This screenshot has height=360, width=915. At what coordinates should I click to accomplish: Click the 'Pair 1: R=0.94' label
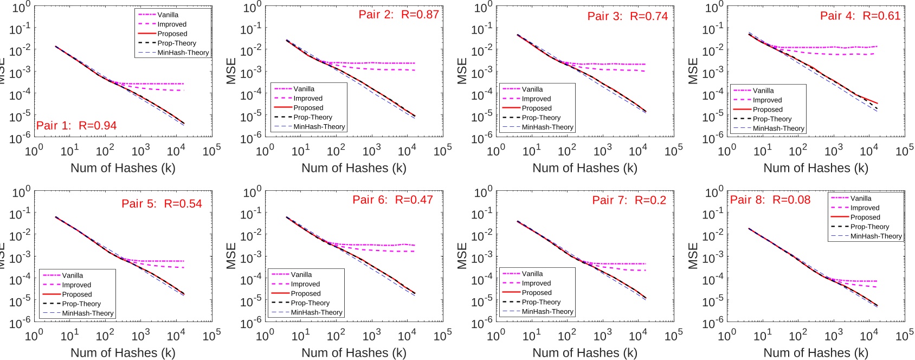pos(76,126)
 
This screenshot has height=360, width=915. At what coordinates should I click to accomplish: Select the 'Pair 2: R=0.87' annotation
pos(398,15)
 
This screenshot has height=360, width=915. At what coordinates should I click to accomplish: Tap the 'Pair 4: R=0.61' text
pos(860,16)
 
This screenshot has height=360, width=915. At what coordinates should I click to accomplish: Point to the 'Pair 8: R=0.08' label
pos(770,200)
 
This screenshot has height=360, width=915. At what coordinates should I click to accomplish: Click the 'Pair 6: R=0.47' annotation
pos(392,200)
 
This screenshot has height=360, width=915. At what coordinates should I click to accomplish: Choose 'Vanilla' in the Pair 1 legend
pos(167,15)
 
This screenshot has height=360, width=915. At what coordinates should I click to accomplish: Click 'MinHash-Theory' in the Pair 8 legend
pos(875,236)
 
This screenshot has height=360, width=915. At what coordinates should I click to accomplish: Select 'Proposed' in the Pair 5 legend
pos(77,294)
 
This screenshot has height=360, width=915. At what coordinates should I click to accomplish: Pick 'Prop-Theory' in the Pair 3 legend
pos(541,118)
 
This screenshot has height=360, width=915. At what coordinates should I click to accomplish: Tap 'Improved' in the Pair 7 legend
pos(536,284)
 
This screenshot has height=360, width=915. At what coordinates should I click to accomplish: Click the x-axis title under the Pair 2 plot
pos(354,168)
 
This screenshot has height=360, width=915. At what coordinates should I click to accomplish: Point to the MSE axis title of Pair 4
pos(693,71)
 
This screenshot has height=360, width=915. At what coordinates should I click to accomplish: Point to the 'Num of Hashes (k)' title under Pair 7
pos(585,353)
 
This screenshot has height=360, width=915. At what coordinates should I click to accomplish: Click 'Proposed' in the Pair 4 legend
pos(767,110)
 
